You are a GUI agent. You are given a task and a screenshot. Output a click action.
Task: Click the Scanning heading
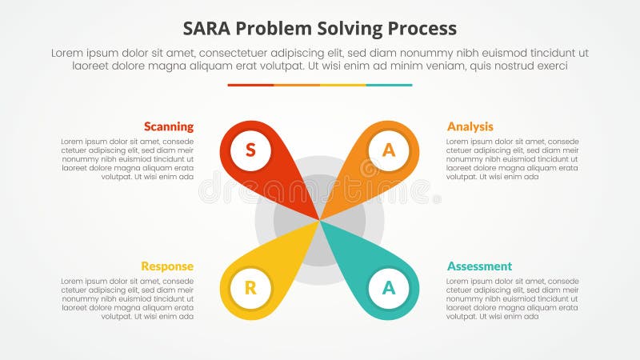click(168, 126)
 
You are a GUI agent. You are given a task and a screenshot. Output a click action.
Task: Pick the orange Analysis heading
click(470, 126)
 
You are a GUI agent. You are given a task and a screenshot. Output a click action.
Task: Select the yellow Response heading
click(167, 266)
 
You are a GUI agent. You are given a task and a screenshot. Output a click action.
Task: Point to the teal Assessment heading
click(479, 266)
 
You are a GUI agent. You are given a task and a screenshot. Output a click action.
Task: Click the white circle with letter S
click(250, 150)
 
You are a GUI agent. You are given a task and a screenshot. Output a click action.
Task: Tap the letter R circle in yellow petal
click(250, 289)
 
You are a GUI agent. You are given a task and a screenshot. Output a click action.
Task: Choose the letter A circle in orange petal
click(389, 150)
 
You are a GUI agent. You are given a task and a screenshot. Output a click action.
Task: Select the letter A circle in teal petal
click(389, 289)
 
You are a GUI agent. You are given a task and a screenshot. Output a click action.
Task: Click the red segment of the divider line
click(250, 85)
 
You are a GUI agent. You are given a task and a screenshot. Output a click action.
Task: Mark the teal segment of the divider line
click(390, 85)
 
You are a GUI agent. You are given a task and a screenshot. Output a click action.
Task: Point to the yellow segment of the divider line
click(343, 85)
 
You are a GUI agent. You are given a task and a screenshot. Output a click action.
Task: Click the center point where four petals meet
click(320, 220)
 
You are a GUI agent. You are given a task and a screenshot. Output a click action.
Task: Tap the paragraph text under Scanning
click(127, 159)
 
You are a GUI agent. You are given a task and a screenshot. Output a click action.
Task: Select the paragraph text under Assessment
click(512, 298)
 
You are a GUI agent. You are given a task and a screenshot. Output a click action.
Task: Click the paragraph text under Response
click(127, 298)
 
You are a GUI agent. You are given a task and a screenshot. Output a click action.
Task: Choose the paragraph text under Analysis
click(512, 159)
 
